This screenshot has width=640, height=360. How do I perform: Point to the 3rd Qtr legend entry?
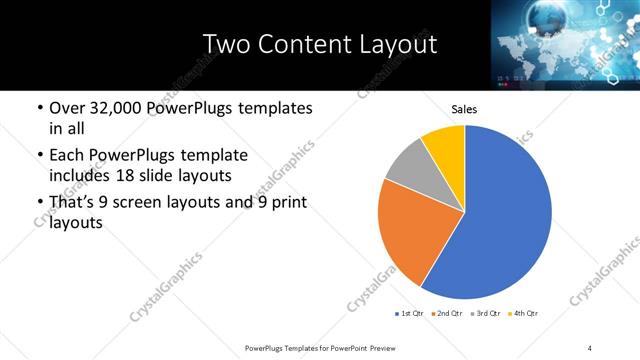tap(486, 315)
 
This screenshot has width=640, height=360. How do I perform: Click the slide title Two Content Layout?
tap(319, 44)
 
